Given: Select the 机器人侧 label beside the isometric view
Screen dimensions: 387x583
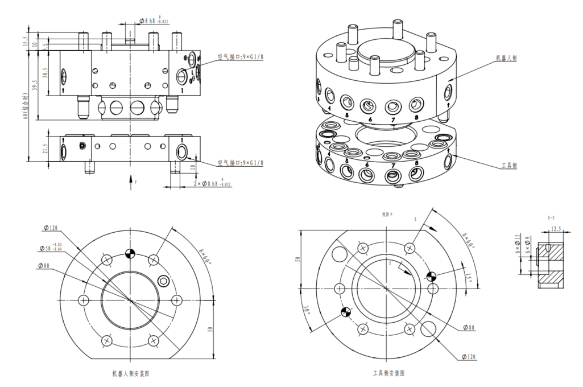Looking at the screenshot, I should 506,58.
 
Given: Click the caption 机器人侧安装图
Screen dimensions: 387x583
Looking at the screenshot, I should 130,374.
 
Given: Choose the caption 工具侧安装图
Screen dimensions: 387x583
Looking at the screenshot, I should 388,373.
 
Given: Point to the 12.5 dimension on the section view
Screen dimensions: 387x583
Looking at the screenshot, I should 556,228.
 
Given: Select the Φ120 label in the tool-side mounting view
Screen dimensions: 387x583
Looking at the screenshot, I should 469,357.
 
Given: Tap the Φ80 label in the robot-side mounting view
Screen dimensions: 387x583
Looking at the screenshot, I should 45,265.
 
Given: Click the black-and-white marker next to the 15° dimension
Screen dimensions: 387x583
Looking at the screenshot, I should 431,277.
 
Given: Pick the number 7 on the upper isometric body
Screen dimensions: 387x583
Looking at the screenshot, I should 392,120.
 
